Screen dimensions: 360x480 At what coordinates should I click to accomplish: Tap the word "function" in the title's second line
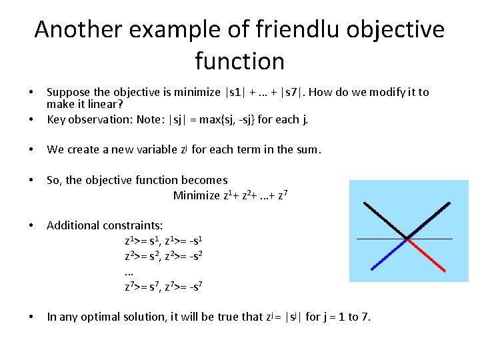(240, 61)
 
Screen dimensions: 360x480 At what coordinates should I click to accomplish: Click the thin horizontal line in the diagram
(440, 238)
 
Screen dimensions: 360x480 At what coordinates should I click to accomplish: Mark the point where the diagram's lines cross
(407, 237)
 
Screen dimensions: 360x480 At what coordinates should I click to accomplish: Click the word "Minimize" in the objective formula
(196, 195)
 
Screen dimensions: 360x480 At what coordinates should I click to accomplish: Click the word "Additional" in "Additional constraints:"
(72, 225)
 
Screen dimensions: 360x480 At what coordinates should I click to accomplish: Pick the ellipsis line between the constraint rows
(129, 272)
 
